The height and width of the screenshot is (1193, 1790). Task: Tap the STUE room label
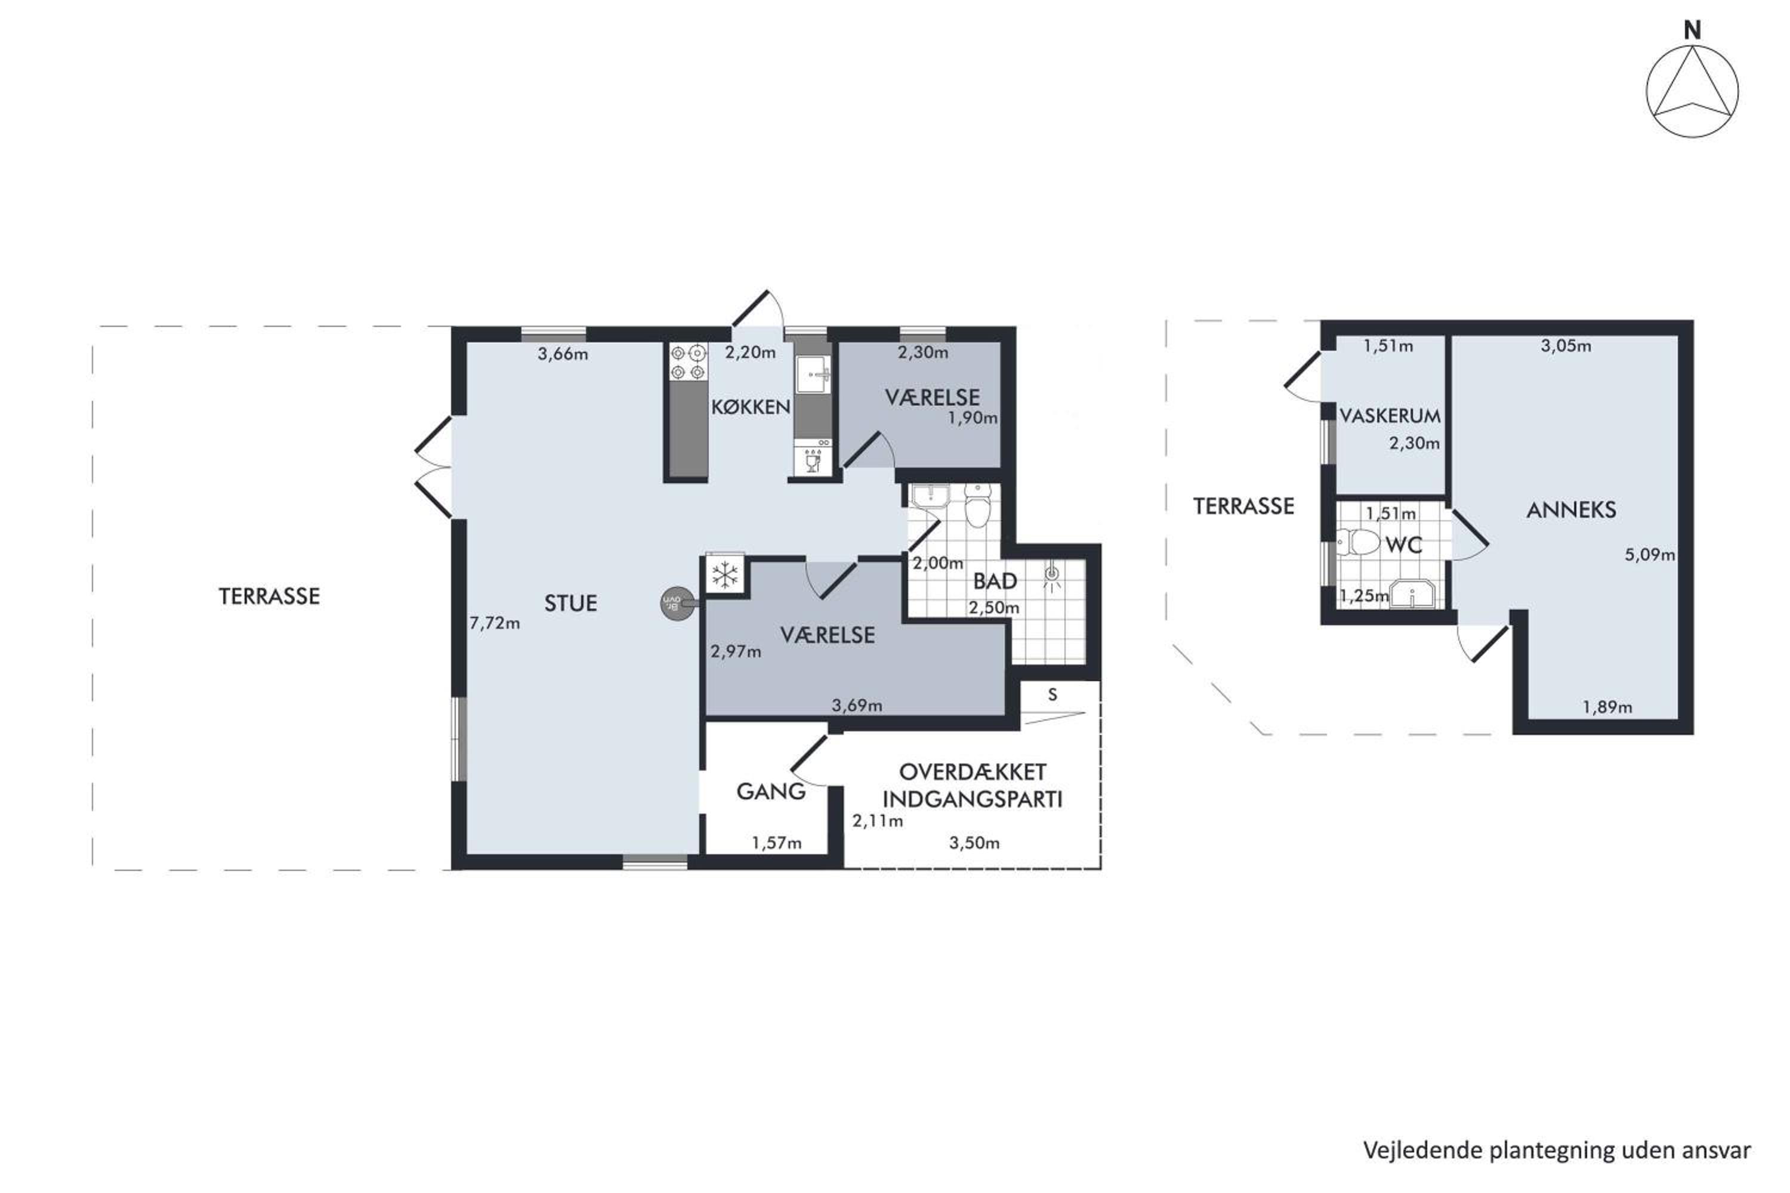click(x=571, y=603)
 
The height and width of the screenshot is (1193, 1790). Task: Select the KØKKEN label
click(x=751, y=407)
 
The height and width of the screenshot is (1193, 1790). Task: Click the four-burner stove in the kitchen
click(x=688, y=362)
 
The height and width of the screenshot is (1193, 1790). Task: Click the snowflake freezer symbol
click(x=724, y=574)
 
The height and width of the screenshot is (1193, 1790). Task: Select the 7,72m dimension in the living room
click(x=495, y=623)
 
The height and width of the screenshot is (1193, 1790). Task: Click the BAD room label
click(x=995, y=581)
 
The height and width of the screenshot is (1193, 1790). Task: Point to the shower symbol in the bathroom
click(x=1052, y=577)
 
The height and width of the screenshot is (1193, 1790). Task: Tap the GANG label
click(x=771, y=792)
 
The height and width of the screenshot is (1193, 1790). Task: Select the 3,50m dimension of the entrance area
click(x=974, y=843)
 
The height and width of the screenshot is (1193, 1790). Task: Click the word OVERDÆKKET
click(x=973, y=772)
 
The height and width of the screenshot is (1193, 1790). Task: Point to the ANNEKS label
click(x=1572, y=510)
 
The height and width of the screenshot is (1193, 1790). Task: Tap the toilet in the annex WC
click(x=1359, y=542)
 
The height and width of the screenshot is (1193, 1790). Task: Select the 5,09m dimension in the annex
click(x=1650, y=555)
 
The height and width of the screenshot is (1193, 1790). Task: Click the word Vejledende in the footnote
click(x=1423, y=1151)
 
